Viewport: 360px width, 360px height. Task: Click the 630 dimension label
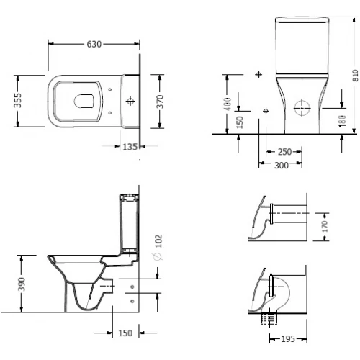pos(94,44)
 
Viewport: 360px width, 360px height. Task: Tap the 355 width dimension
pos(18,100)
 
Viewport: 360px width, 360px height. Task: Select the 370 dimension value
pos(160,102)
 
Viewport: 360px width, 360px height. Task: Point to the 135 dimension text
pos(130,147)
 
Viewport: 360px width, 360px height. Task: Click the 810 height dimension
pos(356,76)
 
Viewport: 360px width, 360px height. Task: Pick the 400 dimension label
pos(228,104)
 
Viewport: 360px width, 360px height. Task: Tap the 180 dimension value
pos(343,121)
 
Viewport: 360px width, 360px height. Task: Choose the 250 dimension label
pos(284,152)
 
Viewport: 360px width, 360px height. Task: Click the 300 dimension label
pos(282,166)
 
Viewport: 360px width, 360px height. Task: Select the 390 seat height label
pos(22,284)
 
